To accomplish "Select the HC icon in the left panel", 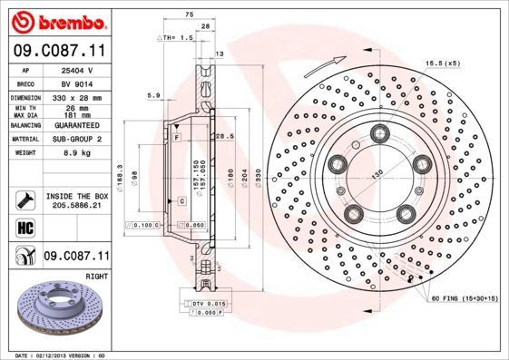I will (25, 227).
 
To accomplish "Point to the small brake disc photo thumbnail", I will (59, 308).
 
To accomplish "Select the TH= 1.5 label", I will (177, 38).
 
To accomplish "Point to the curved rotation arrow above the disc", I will (324, 65).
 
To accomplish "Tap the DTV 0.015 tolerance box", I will (211, 302).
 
